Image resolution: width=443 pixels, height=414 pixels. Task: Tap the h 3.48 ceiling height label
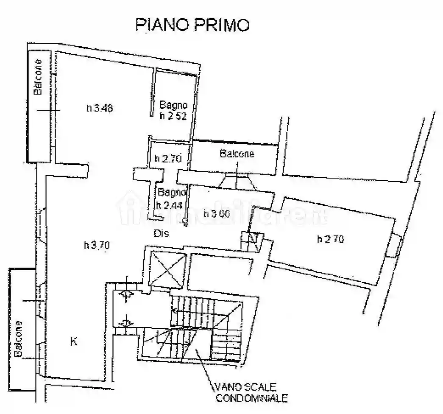click(x=99, y=108)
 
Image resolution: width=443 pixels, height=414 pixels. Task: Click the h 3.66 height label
click(x=216, y=213)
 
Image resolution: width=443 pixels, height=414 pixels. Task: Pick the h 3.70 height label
click(x=97, y=245)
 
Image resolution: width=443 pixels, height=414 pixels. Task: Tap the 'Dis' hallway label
click(x=161, y=233)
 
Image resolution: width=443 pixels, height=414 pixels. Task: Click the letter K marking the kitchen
click(x=74, y=341)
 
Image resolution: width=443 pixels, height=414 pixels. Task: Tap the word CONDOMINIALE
click(x=252, y=398)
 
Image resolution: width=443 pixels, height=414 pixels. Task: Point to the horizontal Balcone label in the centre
click(x=237, y=154)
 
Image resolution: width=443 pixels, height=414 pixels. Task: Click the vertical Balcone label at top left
click(x=38, y=76)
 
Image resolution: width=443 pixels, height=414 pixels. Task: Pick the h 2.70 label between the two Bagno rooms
click(x=168, y=159)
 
